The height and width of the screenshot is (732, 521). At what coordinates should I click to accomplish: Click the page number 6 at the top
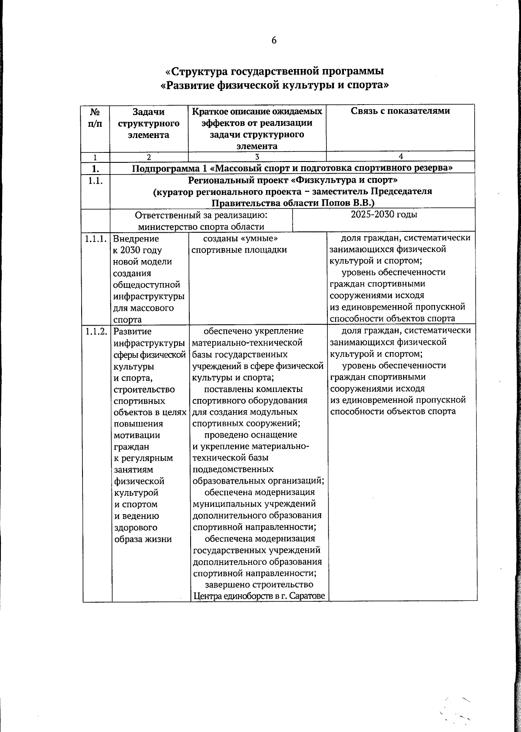pyautogui.click(x=274, y=40)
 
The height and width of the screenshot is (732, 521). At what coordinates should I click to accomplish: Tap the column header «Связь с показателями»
pyautogui.click(x=400, y=111)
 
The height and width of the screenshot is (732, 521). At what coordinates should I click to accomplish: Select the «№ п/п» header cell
pyautogui.click(x=96, y=117)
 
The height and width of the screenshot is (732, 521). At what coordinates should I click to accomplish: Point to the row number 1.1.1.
pyautogui.click(x=96, y=238)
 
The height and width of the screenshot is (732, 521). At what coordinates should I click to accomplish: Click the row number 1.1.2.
pyautogui.click(x=96, y=332)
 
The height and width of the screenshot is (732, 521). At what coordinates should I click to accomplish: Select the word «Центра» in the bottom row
pyautogui.click(x=207, y=596)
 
